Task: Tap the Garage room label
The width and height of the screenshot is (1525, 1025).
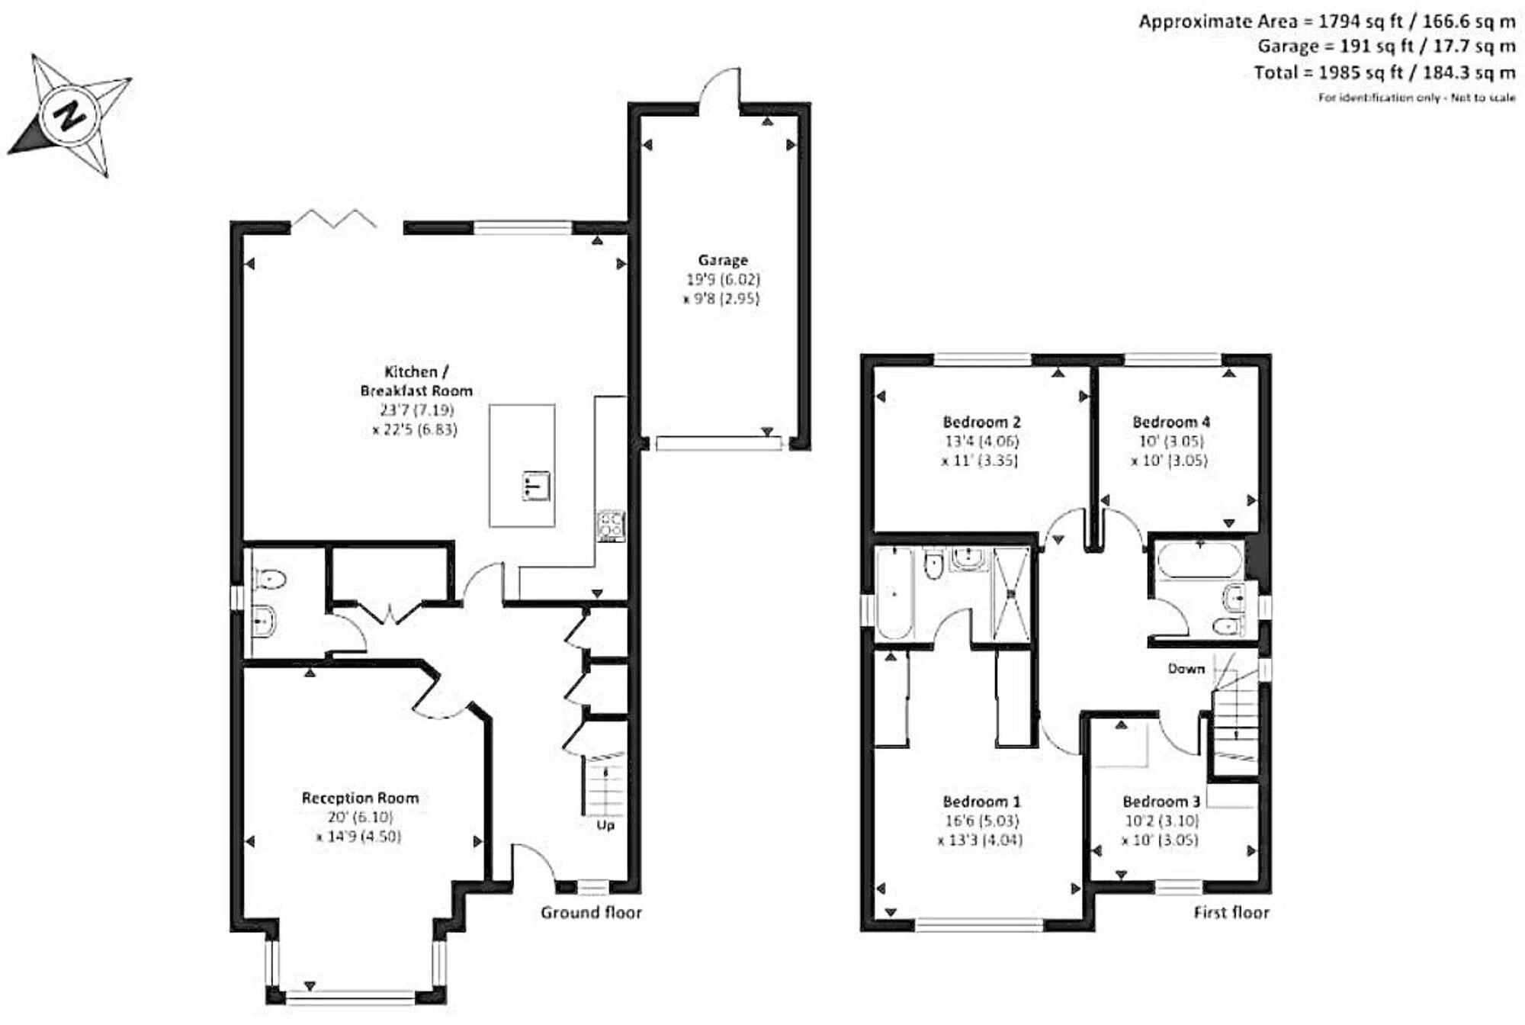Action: point(722,260)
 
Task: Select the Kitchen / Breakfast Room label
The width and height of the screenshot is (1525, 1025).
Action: point(416,381)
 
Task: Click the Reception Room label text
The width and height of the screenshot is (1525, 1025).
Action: point(360,798)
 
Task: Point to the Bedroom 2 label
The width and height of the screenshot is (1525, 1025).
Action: point(981,421)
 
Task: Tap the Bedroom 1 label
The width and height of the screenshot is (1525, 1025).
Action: point(981,801)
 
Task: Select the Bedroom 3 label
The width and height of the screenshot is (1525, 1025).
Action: point(1161,801)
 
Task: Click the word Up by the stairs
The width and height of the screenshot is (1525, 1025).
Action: point(605,825)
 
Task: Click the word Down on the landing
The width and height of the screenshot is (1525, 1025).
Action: point(1186,668)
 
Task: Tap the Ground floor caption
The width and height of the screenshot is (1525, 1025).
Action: point(591,912)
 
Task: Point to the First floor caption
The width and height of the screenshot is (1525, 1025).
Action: point(1231,912)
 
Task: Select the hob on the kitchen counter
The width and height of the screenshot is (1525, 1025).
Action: point(611,525)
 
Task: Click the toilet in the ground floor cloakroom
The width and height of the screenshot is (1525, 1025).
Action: point(270,580)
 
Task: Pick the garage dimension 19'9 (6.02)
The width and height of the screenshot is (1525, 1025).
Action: point(723,279)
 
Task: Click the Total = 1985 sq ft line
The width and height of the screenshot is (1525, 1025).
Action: point(1384,72)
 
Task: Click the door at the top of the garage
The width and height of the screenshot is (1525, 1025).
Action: point(721,88)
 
